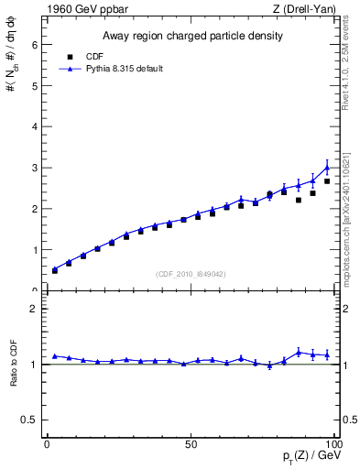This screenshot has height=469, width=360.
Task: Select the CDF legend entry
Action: pos(89,56)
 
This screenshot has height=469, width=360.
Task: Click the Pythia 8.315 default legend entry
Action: pos(111,69)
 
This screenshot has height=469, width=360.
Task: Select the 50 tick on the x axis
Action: pos(191,443)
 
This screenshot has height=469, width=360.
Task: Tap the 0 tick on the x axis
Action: pos(47,443)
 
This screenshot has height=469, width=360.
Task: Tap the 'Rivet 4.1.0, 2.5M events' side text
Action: pos(345,69)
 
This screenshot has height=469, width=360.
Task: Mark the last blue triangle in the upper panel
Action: pos(327,168)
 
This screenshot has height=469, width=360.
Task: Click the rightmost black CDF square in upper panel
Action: pos(327,181)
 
